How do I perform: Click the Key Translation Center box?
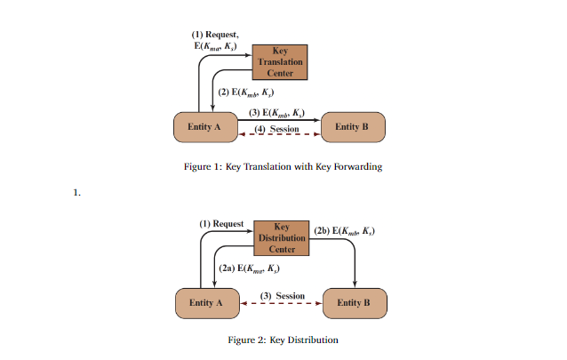(280, 62)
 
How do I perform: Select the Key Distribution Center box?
(281, 238)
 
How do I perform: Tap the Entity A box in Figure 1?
(204, 127)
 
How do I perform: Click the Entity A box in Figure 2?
(207, 302)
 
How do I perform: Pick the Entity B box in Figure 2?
(354, 302)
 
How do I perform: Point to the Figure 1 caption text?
(283, 166)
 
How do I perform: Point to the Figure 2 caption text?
(283, 340)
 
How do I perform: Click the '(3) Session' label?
(282, 296)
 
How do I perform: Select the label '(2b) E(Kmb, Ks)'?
(344, 230)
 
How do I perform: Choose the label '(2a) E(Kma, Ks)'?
(249, 268)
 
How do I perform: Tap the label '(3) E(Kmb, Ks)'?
(276, 113)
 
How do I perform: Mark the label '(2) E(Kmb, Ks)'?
(246, 92)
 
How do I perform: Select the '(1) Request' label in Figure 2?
(221, 223)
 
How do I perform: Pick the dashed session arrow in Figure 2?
(282, 303)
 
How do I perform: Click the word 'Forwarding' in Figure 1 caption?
(355, 166)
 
